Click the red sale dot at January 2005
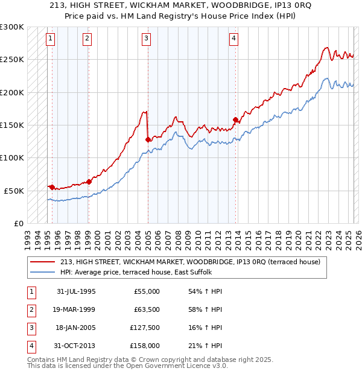click(x=148, y=139)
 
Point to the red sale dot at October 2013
click(x=235, y=119)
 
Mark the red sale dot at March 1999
click(x=89, y=181)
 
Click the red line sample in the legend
click(x=43, y=262)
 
